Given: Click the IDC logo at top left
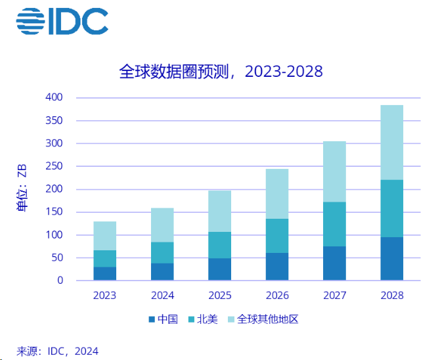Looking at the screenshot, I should tap(62, 22).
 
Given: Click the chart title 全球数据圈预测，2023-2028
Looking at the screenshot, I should tap(221, 71).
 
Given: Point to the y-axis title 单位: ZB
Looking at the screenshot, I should tap(21, 189).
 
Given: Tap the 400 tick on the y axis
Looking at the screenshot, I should tap(55, 97).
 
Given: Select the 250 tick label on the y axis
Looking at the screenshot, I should tap(55, 166).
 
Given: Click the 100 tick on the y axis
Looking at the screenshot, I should tap(55, 235).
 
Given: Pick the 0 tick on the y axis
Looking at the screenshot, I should tap(60, 281).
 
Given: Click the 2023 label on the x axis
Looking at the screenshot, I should tap(104, 296).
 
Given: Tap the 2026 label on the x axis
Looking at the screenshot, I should tap(276, 296).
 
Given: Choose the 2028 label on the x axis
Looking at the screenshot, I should tap(391, 296).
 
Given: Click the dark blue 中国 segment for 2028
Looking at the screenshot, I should tap(391, 259).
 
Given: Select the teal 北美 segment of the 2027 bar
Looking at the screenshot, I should tap(334, 224).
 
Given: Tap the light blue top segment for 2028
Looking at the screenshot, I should tap(391, 142).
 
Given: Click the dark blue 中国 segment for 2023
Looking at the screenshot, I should tap(104, 273).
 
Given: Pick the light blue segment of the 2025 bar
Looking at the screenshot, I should tap(219, 211).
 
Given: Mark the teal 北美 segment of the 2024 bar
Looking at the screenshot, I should tap(162, 252).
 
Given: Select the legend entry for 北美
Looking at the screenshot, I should tap(204, 319).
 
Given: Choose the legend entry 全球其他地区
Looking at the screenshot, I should tap(263, 319).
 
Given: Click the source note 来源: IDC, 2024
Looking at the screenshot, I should tap(57, 351).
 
